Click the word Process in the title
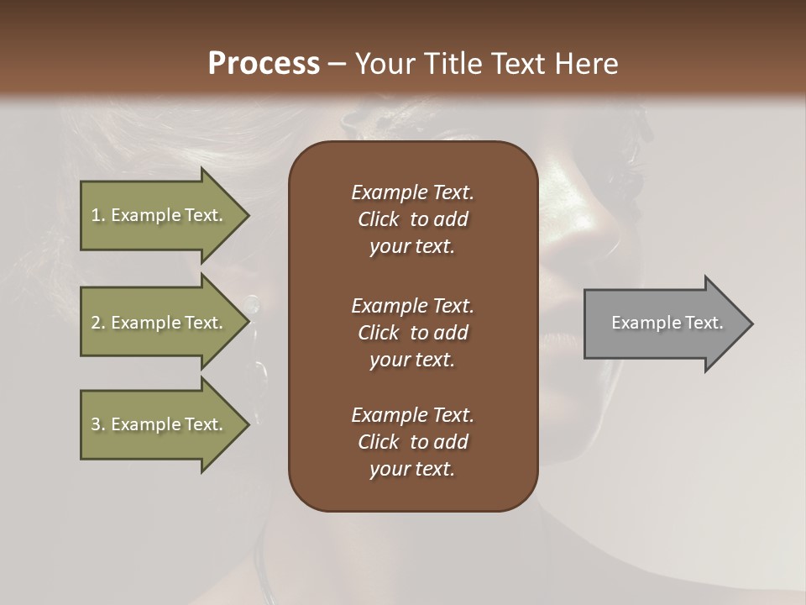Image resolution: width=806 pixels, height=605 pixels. (264, 64)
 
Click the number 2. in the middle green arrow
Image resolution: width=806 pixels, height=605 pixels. (98, 323)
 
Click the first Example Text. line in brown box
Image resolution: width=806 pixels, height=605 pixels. (412, 192)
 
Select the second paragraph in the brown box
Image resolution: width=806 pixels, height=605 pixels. (412, 333)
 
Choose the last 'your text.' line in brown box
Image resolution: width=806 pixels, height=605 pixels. (412, 469)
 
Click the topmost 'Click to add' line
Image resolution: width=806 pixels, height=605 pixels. (412, 219)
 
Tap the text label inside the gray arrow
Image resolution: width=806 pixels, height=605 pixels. (667, 323)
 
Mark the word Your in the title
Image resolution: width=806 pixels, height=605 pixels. (384, 64)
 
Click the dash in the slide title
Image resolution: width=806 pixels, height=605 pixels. (337, 65)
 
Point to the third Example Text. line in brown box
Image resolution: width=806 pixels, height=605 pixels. (412, 415)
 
